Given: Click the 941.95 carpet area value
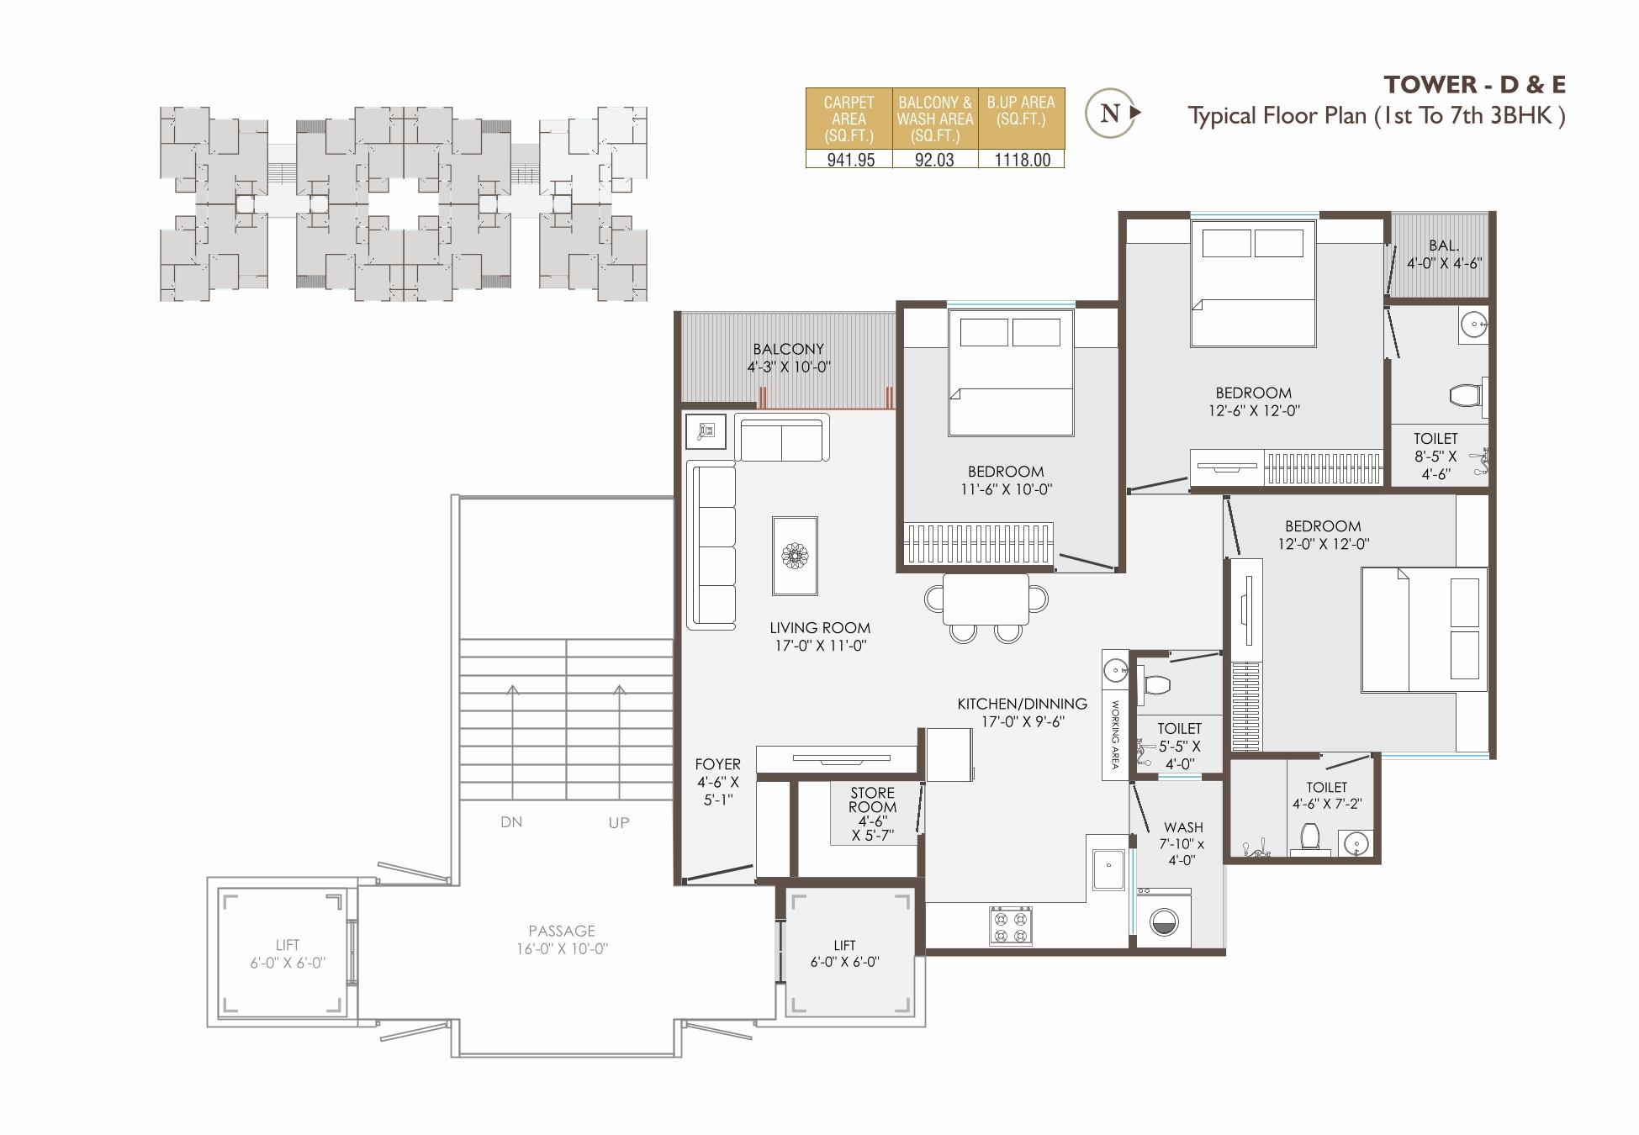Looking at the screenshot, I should [x=850, y=160].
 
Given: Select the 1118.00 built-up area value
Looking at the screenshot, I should [x=1022, y=160].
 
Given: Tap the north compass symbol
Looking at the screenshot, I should [x=1111, y=113].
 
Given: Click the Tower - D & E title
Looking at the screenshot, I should [x=1474, y=85].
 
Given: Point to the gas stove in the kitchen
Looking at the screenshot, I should [x=1010, y=925].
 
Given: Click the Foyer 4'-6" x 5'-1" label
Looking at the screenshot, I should [x=717, y=781].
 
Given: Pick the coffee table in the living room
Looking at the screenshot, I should [x=795, y=556].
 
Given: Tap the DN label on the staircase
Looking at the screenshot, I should [x=511, y=822].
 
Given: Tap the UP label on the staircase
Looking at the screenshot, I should [x=619, y=823].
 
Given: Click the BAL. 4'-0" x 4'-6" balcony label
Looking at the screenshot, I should [x=1444, y=254].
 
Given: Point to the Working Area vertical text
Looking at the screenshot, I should [x=1115, y=735].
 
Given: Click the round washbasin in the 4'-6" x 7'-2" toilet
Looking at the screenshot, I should [x=1356, y=843].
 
